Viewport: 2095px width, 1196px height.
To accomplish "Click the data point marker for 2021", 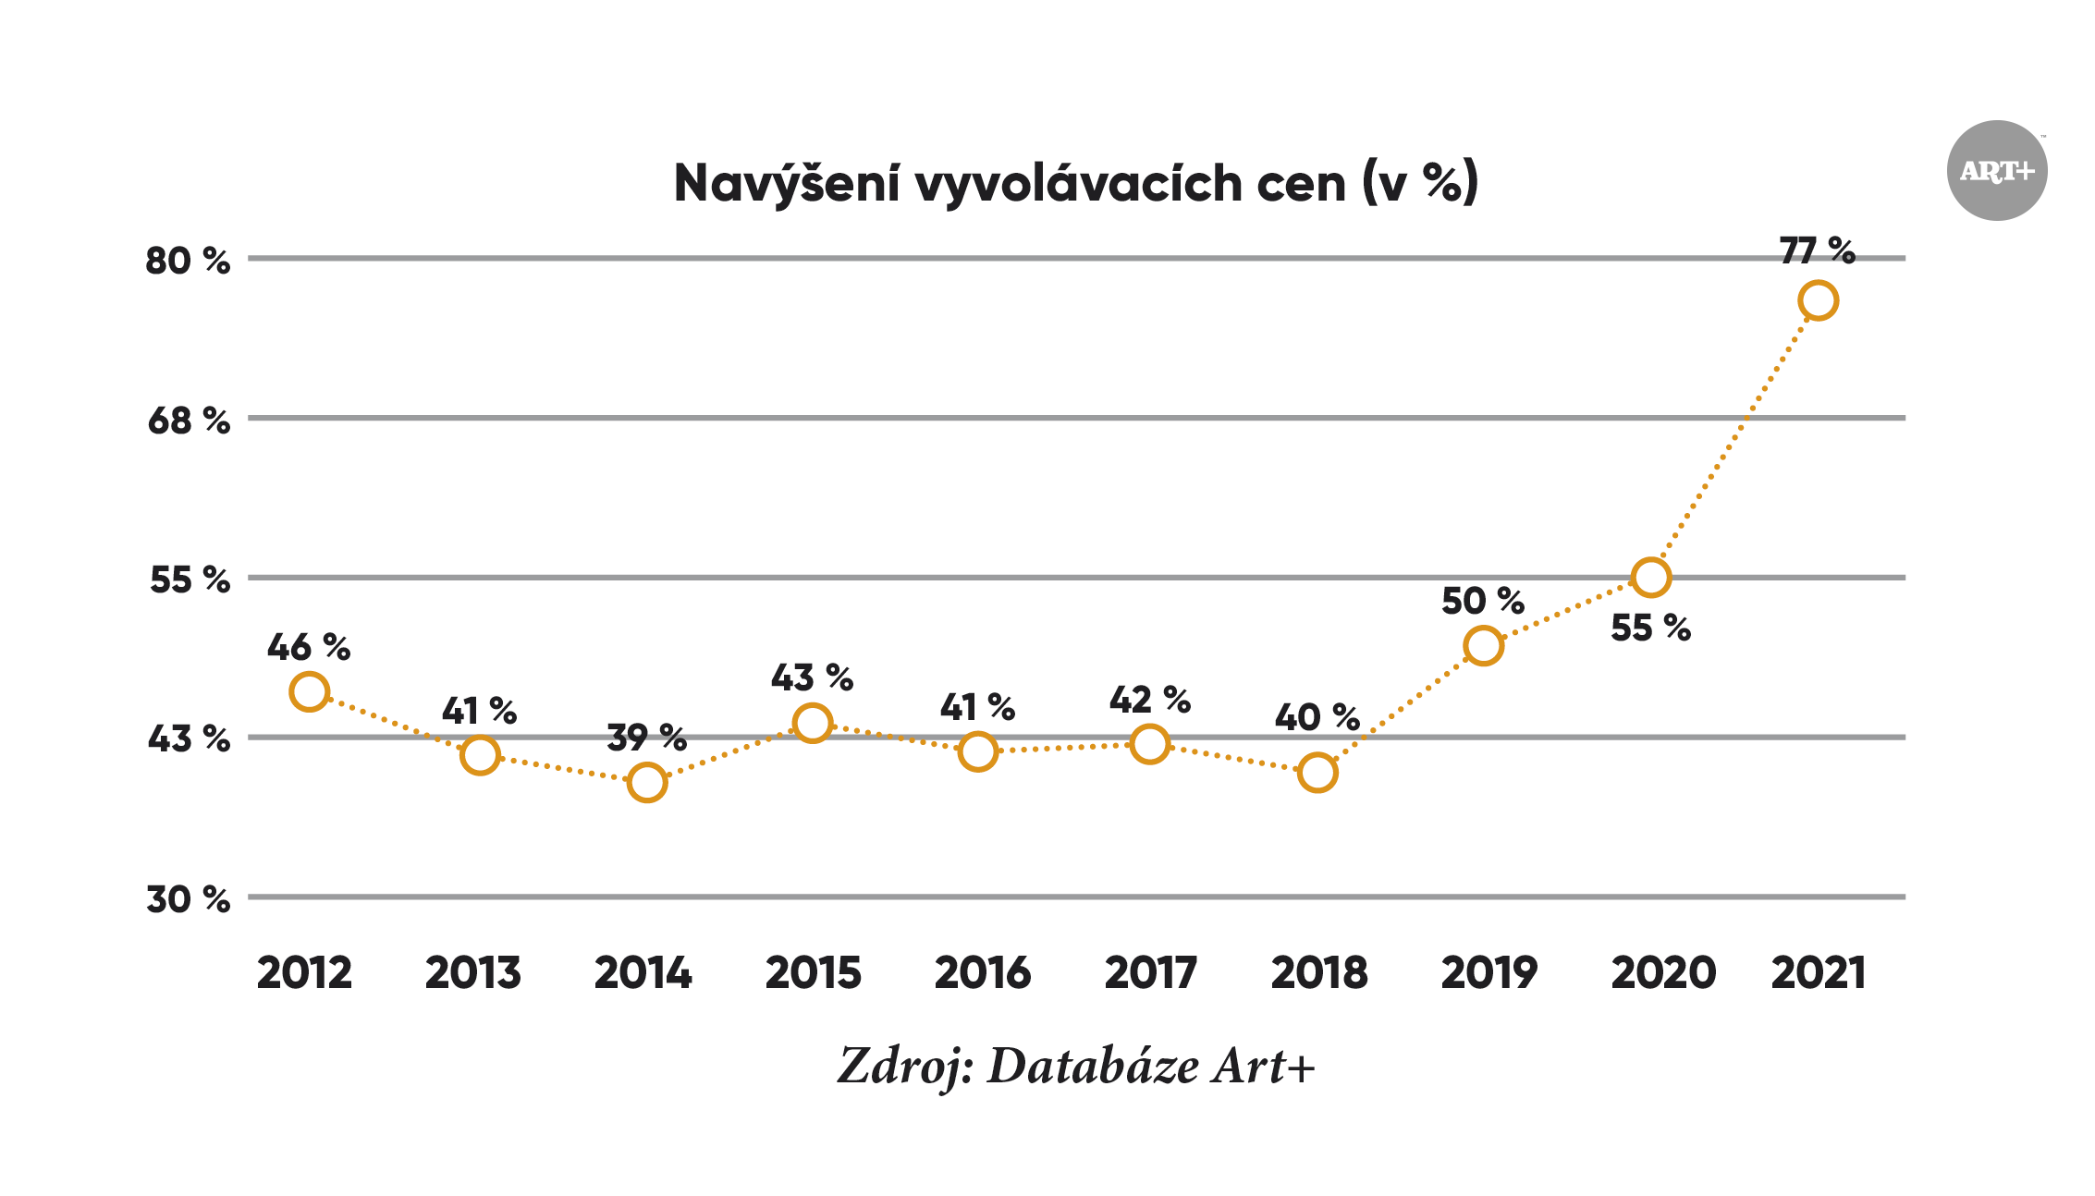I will click(1818, 301).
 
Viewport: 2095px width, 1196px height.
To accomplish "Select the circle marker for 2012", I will click(309, 691).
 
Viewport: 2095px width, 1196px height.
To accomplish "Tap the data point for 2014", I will click(646, 783).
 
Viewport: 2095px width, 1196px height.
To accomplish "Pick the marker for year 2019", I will click(1483, 645).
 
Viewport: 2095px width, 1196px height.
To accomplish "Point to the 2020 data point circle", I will click(1651, 578).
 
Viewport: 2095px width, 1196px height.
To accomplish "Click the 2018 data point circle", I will click(1317, 773).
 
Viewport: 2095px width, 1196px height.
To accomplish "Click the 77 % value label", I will click(1817, 250).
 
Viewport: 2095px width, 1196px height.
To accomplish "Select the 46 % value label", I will click(309, 647).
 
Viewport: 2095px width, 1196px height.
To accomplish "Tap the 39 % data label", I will click(646, 738).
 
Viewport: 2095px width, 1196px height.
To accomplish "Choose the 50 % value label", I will click(1483, 601).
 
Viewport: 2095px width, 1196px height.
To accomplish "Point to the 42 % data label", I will click(1149, 700).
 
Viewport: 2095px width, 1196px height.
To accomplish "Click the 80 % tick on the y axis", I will click(188, 261).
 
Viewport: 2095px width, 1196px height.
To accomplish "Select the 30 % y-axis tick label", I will click(188, 899).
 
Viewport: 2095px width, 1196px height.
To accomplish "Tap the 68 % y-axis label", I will click(188, 421).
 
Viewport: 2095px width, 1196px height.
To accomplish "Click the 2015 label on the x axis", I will click(813, 973).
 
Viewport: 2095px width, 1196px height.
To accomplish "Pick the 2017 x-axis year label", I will click(1150, 973).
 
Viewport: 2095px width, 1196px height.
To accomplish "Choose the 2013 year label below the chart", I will click(473, 973).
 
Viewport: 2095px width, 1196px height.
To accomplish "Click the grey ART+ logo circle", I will click(1997, 171).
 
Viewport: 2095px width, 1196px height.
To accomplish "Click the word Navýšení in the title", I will click(786, 183).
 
